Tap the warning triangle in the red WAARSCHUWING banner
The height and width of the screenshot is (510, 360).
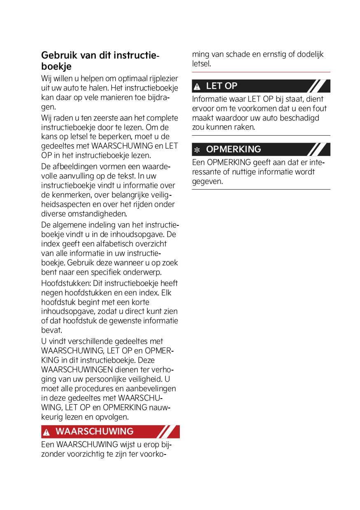click(x=46, y=432)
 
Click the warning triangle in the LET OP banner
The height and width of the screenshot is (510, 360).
click(x=197, y=86)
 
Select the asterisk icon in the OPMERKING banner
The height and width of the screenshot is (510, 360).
click(x=197, y=150)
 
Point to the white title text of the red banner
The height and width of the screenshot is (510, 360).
click(x=94, y=431)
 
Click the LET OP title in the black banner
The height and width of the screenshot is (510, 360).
click(x=221, y=86)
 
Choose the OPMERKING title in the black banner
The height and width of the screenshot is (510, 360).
click(x=233, y=149)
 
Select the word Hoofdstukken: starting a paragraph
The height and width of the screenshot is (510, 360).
click(x=66, y=283)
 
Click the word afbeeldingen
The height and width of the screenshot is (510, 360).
click(x=75, y=167)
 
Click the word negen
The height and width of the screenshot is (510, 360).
click(x=52, y=293)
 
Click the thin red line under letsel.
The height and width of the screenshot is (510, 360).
click(x=261, y=72)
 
